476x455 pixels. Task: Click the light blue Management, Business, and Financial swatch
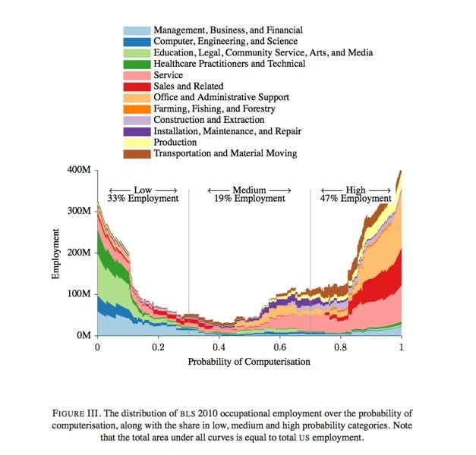click(137, 30)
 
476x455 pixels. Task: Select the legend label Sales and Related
click(188, 86)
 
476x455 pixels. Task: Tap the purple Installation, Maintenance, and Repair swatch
click(137, 131)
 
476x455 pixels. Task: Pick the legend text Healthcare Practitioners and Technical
click(229, 64)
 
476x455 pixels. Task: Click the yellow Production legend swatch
click(137, 143)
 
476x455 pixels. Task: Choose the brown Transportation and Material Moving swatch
click(137, 154)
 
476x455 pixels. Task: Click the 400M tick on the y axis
click(80, 170)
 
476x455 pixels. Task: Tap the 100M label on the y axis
click(80, 293)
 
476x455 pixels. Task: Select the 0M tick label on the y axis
click(83, 335)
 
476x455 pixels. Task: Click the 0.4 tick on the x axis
click(219, 347)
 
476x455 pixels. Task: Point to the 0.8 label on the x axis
click(340, 347)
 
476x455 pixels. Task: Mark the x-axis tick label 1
click(401, 347)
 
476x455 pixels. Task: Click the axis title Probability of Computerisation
click(249, 362)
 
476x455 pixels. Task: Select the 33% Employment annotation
click(143, 199)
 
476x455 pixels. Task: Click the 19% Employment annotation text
click(249, 199)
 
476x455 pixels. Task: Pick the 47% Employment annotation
click(355, 199)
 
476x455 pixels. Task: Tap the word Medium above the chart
click(249, 189)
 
